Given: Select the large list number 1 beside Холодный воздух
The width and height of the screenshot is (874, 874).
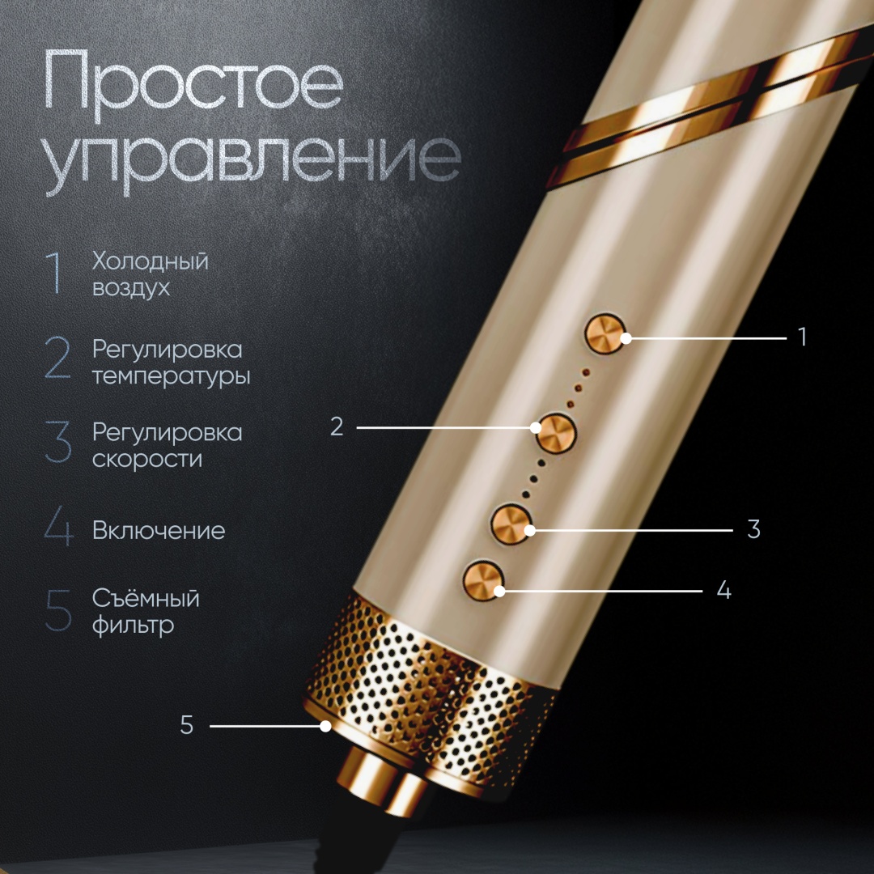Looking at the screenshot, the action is pyautogui.click(x=54, y=273).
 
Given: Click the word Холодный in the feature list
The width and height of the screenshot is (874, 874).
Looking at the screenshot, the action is pyautogui.click(x=150, y=261).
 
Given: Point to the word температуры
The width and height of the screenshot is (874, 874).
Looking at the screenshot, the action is pyautogui.click(x=171, y=376).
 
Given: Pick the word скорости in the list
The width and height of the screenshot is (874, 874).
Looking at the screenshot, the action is pyautogui.click(x=147, y=460).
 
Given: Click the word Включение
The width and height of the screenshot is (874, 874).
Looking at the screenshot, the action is pyautogui.click(x=159, y=531).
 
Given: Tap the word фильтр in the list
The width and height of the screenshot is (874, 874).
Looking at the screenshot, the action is pyautogui.click(x=134, y=626).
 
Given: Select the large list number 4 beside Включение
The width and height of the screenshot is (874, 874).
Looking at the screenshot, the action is pyautogui.click(x=58, y=526).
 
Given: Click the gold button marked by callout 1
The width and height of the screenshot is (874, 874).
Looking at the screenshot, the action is pyautogui.click(x=605, y=333).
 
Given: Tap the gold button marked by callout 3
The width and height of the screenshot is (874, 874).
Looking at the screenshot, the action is pyautogui.click(x=511, y=523).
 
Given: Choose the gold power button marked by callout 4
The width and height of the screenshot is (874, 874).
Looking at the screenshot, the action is pyautogui.click(x=482, y=580).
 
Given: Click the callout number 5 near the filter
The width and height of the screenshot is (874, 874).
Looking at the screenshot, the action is pyautogui.click(x=187, y=725).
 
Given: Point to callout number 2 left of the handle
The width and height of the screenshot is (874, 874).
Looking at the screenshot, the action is pyautogui.click(x=337, y=427).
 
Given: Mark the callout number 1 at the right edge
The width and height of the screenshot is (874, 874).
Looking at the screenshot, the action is pyautogui.click(x=803, y=337).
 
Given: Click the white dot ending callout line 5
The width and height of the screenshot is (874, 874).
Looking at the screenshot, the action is pyautogui.click(x=325, y=726).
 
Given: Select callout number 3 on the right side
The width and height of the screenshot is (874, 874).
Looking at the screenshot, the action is pyautogui.click(x=753, y=529).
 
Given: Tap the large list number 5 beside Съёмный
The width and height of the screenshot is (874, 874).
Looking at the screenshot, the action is pyautogui.click(x=58, y=611).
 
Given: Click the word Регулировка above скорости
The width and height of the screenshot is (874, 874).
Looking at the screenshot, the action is pyautogui.click(x=168, y=433).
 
